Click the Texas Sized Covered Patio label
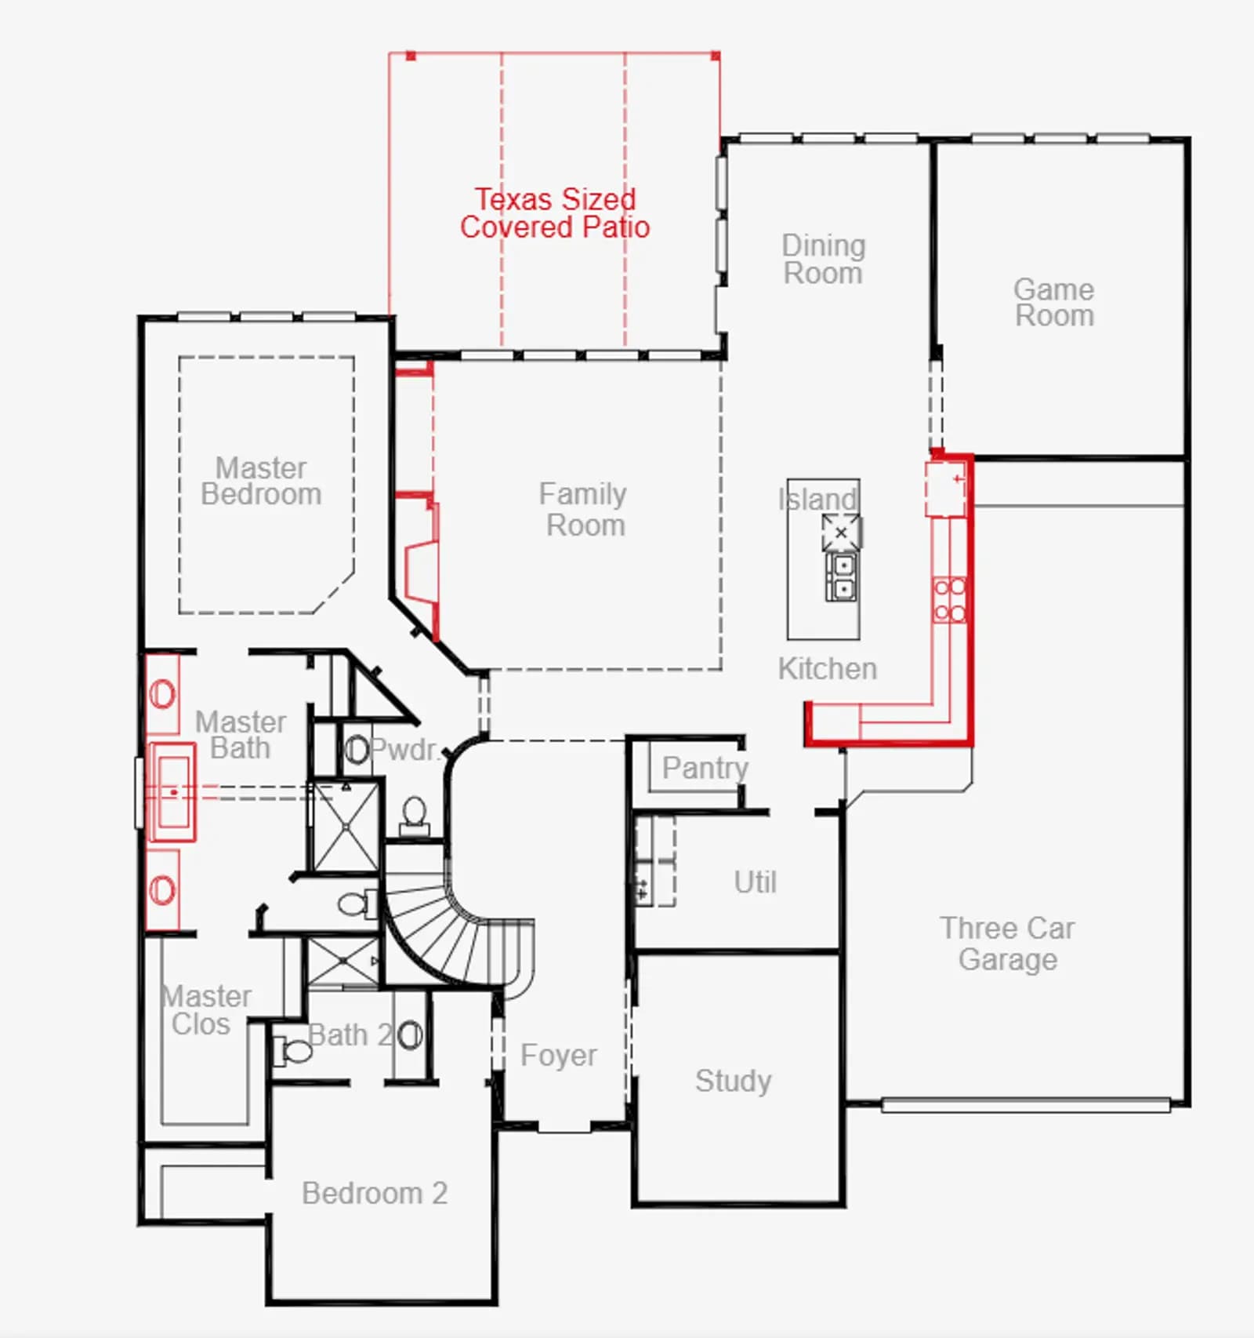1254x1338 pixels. click(555, 213)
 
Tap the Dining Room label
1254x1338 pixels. click(823, 259)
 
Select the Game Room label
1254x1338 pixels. click(1054, 302)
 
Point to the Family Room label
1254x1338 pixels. click(584, 509)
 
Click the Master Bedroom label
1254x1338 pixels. click(261, 481)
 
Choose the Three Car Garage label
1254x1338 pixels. click(1008, 944)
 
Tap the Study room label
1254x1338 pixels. click(734, 1081)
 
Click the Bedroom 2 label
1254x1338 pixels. click(375, 1193)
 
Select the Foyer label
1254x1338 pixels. click(559, 1056)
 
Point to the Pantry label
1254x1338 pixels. click(705, 768)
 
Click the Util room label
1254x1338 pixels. click(756, 882)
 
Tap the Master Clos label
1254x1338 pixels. click(206, 1010)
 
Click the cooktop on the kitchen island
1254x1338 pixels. click(841, 533)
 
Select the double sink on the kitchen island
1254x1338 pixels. click(843, 576)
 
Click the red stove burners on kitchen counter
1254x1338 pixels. click(949, 600)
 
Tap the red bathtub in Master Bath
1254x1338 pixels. click(172, 792)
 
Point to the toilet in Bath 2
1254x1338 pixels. click(293, 1049)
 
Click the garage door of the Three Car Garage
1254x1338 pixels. click(1026, 1105)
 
